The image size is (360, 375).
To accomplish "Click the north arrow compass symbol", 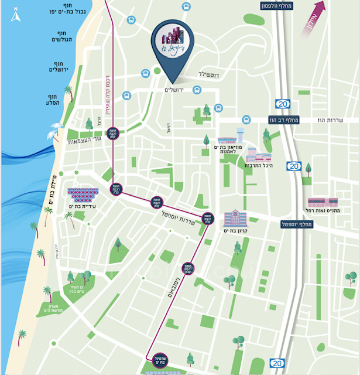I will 15,13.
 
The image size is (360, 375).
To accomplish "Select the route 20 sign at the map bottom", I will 276,363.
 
